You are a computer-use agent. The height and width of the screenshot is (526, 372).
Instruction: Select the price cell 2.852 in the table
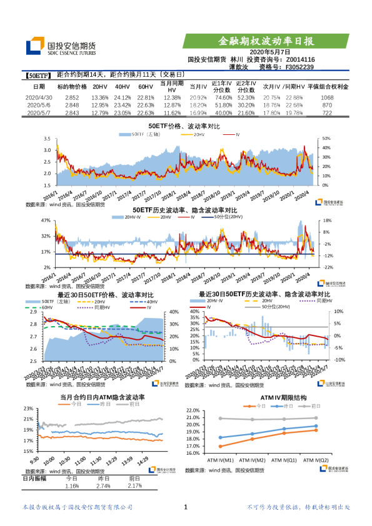pos(72,98)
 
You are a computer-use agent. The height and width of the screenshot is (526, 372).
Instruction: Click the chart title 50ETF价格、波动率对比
pos(184,126)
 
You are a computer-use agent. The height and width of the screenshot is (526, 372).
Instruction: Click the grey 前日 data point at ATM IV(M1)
pos(221,419)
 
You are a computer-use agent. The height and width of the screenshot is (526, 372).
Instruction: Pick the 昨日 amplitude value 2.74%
pos(105,485)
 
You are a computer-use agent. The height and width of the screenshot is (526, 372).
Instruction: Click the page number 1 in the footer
pos(186,508)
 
